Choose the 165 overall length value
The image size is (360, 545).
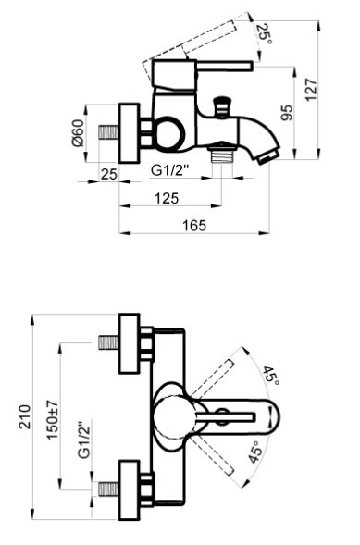pos(193,226)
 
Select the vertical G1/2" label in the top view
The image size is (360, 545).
pos(83,441)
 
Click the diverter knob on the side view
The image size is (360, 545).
pos(222,104)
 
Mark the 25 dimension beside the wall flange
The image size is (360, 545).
pos(108,173)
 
